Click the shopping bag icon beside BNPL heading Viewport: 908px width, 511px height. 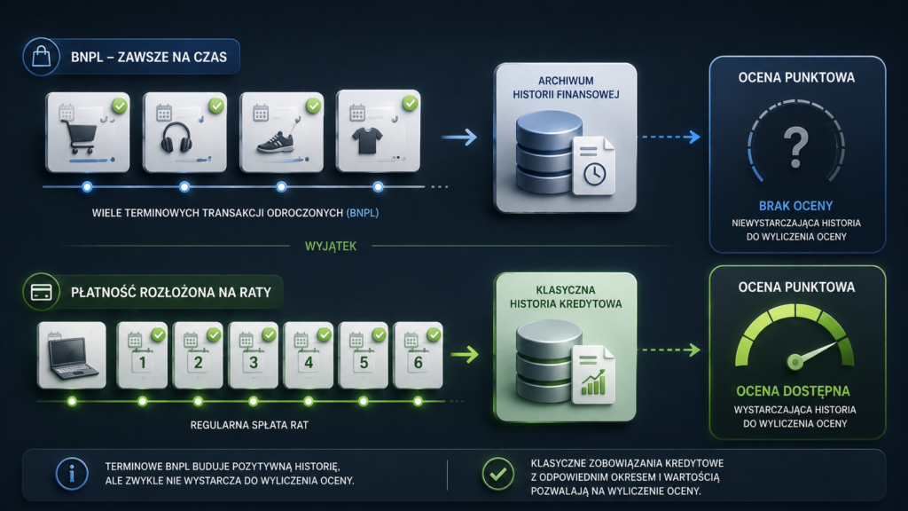tap(41, 57)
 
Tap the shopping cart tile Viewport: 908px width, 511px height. tap(88, 132)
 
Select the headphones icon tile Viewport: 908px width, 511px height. tap(184, 132)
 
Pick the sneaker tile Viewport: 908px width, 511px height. tap(282, 132)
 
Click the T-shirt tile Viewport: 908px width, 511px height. tap(378, 131)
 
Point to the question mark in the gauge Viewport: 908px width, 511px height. tap(795, 147)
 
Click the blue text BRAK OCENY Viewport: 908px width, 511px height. tap(795, 206)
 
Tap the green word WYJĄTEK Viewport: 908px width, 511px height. tap(331, 247)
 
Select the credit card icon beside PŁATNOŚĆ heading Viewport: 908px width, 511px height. tap(41, 292)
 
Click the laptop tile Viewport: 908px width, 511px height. tap(72, 355)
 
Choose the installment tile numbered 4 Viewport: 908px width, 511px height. tap(308, 355)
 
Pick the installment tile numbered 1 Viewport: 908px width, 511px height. tap(143, 355)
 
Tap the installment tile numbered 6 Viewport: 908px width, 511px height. tap(419, 355)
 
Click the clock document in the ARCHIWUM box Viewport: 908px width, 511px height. tap(593, 166)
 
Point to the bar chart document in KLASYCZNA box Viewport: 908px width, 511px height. tap(593, 374)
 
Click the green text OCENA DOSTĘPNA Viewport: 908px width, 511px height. tap(793, 391)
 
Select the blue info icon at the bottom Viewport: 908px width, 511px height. tap(72, 474)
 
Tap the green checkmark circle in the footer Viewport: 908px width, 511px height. tap(498, 474)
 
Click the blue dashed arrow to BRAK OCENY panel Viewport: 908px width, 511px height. tap(669, 138)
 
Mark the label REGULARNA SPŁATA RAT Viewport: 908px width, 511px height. tap(249, 425)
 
